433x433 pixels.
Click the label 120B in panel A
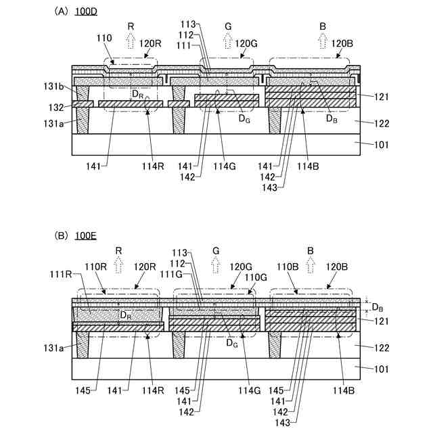[x=342, y=42]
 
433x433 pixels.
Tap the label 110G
[x=257, y=277]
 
